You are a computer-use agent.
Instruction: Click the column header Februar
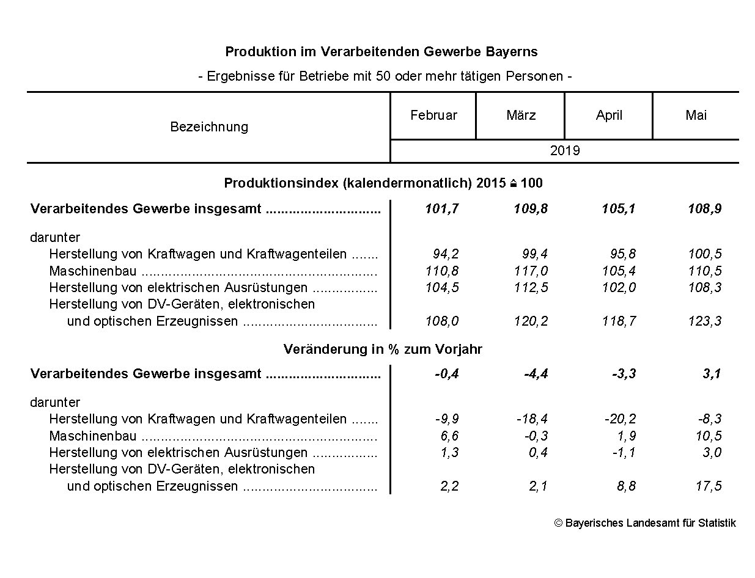pyautogui.click(x=433, y=115)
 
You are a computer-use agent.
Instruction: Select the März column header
pyautogui.click(x=521, y=115)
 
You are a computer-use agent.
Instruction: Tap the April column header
pyautogui.click(x=609, y=115)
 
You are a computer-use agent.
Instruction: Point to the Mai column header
pyautogui.click(x=696, y=115)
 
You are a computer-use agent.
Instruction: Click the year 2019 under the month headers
pyautogui.click(x=564, y=150)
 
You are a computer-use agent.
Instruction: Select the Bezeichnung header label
pyautogui.click(x=209, y=127)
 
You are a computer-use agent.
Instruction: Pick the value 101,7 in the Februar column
pyautogui.click(x=441, y=209)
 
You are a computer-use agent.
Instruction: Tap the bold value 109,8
pyautogui.click(x=530, y=209)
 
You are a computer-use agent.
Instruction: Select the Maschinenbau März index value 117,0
pyautogui.click(x=531, y=271)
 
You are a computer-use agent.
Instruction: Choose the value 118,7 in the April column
pyautogui.click(x=618, y=321)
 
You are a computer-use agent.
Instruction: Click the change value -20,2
pyautogui.click(x=620, y=419)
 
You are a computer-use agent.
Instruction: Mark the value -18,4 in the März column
pyautogui.click(x=532, y=419)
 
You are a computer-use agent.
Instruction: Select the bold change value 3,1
pyautogui.click(x=711, y=374)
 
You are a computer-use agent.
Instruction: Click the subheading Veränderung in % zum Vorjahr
pyautogui.click(x=383, y=349)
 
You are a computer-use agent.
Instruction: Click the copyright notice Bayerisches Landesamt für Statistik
pyautogui.click(x=645, y=523)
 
